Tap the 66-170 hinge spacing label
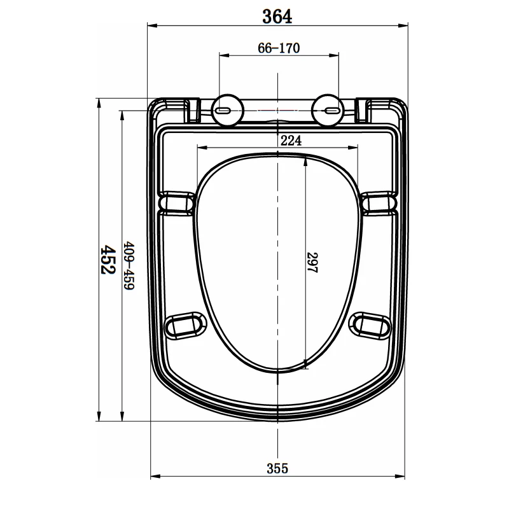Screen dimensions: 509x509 coord(278,48)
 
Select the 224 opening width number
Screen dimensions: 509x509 coord(290,141)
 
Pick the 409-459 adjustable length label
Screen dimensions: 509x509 coord(129,265)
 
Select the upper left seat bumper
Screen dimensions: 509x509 coord(176,203)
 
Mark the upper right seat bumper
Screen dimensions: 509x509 coord(380,202)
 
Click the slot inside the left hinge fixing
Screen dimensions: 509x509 coord(224,111)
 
